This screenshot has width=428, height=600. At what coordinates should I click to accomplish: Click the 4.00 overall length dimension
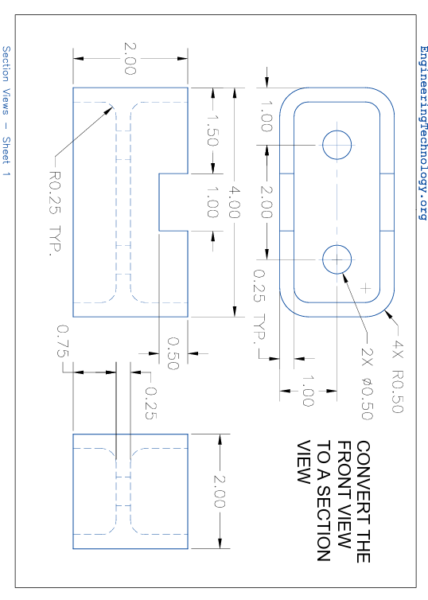pos(235,194)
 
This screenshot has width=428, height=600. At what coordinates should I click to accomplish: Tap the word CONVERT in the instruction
pos(364,476)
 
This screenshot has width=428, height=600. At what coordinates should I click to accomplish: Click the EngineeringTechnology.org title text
pos(422,132)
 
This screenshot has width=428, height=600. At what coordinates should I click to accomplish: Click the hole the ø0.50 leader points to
pos(337,259)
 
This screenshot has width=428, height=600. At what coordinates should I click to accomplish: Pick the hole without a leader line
pos(337,144)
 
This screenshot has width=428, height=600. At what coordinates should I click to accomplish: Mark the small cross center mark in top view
pos(366,287)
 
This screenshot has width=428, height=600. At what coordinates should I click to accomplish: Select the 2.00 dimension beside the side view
pos(220,491)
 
